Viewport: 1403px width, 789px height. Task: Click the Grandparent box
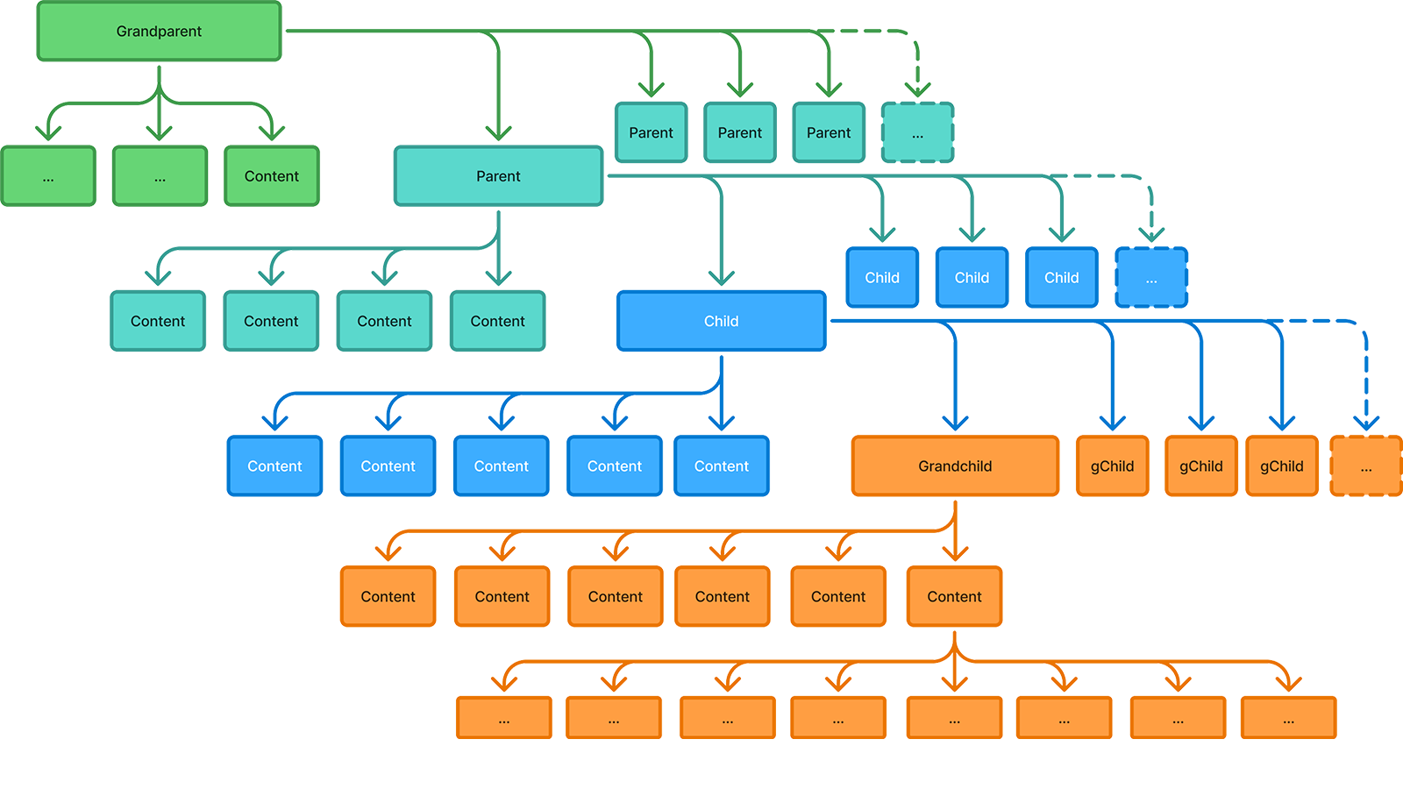(x=159, y=32)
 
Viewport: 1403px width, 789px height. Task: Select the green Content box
(x=271, y=176)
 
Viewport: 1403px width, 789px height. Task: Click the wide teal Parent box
(x=498, y=176)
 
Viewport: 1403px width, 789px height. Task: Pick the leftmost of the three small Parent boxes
(x=651, y=132)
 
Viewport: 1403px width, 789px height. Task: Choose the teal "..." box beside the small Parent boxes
(x=917, y=133)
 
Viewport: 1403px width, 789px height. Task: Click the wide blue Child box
(x=721, y=321)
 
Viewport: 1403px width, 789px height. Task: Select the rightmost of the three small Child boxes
(x=1061, y=277)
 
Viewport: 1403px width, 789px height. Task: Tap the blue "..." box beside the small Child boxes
(x=1150, y=278)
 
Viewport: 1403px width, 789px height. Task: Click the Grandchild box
(x=954, y=466)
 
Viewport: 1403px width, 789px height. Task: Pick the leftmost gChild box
(x=1112, y=466)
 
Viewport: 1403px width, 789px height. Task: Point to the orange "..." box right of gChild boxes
(x=1365, y=467)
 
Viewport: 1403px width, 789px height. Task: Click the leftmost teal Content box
(x=158, y=321)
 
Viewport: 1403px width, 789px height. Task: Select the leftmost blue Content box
(x=274, y=466)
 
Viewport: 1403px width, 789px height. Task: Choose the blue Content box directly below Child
(x=721, y=466)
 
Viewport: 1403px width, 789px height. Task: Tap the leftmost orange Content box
(x=388, y=596)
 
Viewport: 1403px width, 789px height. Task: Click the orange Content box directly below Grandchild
(x=954, y=596)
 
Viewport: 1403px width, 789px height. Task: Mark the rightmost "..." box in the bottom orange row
(x=1288, y=719)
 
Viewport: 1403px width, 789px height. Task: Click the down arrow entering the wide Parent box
(x=498, y=129)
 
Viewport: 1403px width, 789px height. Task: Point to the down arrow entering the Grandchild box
(x=954, y=419)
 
